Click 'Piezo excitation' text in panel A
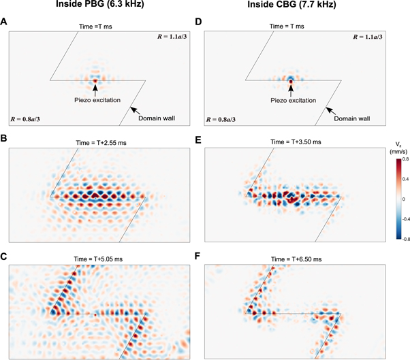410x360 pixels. pos(96,100)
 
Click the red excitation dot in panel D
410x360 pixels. pos(291,80)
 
